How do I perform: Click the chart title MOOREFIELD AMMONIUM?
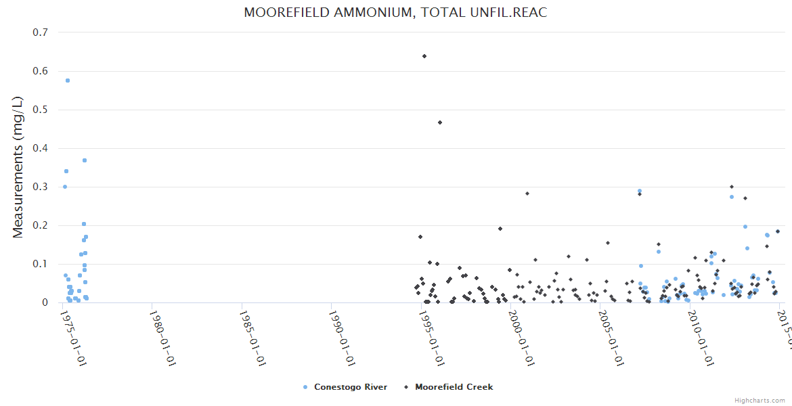395,13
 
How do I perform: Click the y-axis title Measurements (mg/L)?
18,167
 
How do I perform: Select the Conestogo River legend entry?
350,387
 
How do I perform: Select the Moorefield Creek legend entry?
454,387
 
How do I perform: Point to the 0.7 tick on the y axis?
40,32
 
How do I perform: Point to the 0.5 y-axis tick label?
40,110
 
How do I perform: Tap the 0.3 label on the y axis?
40,187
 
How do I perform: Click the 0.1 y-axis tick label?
40,264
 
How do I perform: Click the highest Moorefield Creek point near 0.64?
424,56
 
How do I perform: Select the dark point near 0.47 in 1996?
440,122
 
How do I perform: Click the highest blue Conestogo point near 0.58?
68,81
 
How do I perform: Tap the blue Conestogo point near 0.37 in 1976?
85,160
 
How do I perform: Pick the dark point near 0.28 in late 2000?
527,194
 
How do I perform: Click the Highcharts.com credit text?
760,400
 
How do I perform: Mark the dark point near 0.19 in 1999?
500,229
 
